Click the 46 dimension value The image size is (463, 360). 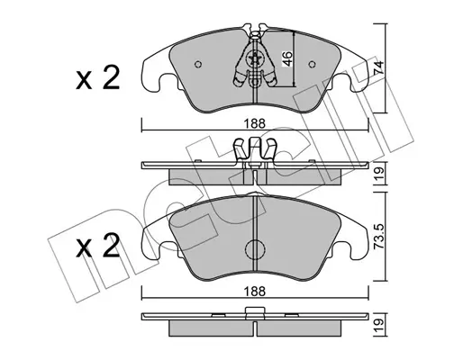[287, 58]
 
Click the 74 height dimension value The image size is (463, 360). [379, 67]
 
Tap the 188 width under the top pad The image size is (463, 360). [255, 123]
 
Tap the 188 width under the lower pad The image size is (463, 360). [255, 291]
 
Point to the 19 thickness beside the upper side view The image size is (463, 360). [379, 173]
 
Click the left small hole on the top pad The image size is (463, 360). [198, 64]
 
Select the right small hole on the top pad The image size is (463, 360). [313, 64]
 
